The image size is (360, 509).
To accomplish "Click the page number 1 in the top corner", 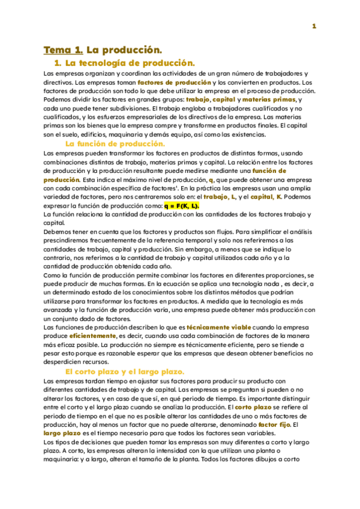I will pyautogui.click(x=313, y=26).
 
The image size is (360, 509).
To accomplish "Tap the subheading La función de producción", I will pyautogui.click(x=115, y=144).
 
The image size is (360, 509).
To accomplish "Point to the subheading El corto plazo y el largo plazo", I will pyautogui.click(x=124, y=372).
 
